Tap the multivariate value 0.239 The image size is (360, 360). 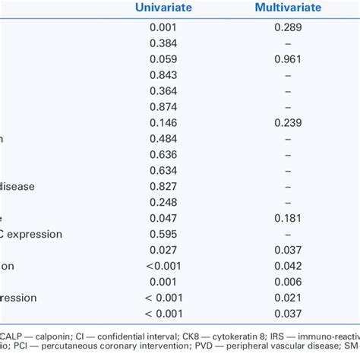[x=286, y=122]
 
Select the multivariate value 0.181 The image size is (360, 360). [x=286, y=217]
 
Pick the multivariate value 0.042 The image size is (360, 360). [x=286, y=266]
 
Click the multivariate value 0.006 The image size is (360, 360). [x=286, y=282]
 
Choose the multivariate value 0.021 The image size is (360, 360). [x=286, y=298]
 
